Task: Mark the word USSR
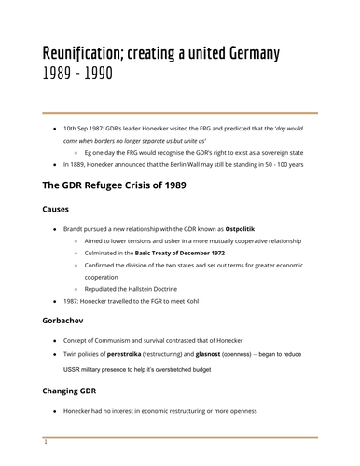pos(75,370)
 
